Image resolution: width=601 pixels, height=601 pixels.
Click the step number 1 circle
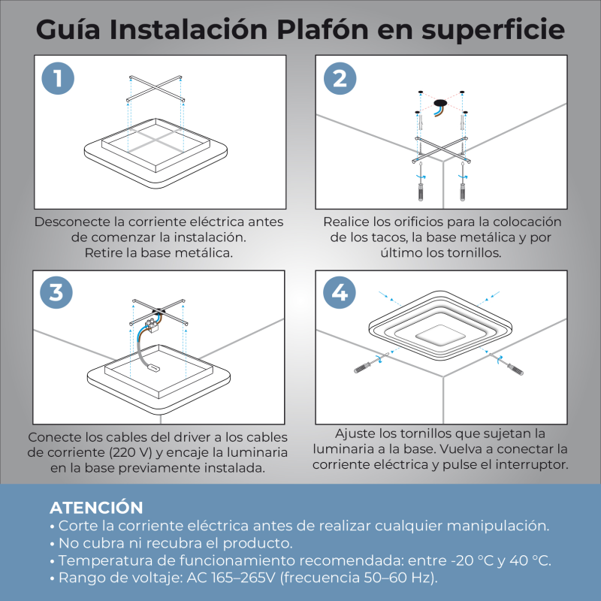[58, 79]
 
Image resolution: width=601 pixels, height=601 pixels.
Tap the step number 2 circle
[340, 79]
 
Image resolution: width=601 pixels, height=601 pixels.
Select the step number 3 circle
[56, 292]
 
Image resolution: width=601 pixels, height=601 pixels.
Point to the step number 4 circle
[340, 292]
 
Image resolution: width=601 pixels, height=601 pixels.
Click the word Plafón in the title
[323, 29]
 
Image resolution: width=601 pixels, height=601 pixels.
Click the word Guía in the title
[68, 29]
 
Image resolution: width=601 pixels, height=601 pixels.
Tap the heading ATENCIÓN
[96, 507]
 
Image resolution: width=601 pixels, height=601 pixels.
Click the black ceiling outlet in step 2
[440, 104]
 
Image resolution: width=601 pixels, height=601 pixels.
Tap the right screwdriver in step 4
[506, 363]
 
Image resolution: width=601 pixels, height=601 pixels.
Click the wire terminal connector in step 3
[153, 324]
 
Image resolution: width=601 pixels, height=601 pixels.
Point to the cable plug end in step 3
[154, 368]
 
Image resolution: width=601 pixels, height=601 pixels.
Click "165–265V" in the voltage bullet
[243, 578]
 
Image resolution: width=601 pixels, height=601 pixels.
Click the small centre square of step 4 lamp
[440, 335]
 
